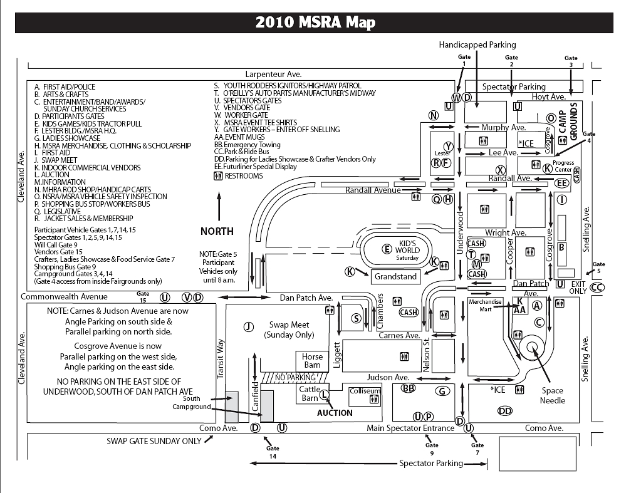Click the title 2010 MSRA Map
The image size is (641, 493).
(315, 22)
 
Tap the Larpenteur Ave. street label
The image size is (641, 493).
(273, 75)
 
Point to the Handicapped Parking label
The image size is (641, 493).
(477, 45)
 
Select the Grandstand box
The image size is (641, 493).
(396, 277)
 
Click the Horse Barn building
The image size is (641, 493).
(312, 361)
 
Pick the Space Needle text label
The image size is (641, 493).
(552, 396)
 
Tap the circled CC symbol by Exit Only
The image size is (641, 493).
(597, 288)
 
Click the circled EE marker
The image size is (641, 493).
(562, 183)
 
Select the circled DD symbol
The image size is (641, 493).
(505, 411)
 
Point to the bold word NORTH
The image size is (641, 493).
(217, 231)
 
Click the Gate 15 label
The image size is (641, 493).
(143, 297)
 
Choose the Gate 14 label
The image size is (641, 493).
(273, 452)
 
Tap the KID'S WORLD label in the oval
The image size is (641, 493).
(407, 247)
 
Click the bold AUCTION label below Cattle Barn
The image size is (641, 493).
(335, 413)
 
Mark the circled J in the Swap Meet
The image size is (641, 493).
(249, 326)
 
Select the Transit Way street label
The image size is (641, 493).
(221, 358)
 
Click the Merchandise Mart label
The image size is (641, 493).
(485, 305)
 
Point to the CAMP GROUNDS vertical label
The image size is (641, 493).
(568, 122)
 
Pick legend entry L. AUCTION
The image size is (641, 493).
(52, 175)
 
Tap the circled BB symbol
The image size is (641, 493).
(409, 388)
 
